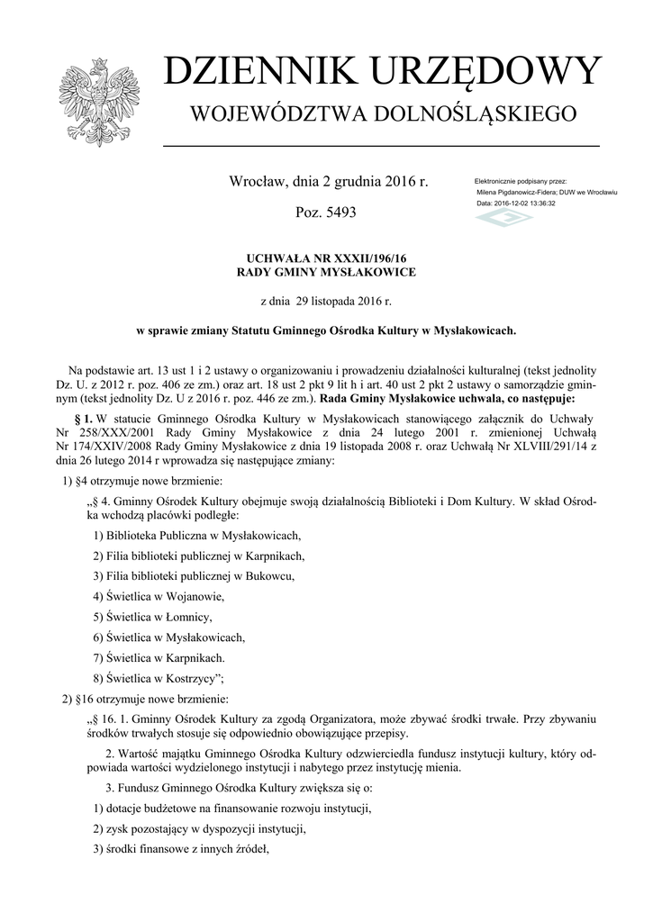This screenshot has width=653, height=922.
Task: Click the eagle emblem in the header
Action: point(96,103)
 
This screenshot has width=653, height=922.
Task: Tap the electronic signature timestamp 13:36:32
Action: point(538,203)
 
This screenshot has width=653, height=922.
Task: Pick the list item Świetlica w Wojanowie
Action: point(159,596)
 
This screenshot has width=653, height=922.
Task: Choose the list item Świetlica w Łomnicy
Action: point(153,617)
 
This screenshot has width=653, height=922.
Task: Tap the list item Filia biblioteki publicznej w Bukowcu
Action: point(194,575)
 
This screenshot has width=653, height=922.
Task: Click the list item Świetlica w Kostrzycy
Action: point(159,679)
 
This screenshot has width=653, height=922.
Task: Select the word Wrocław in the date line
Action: point(258,182)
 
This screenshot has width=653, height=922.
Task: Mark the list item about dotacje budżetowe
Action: point(232,809)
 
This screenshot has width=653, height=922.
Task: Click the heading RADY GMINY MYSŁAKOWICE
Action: point(326,272)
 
